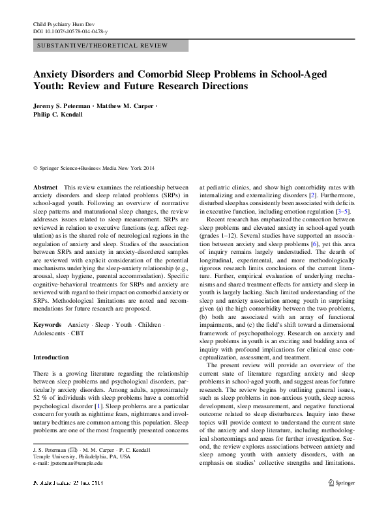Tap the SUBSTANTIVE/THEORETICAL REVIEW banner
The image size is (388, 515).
[104, 46]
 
